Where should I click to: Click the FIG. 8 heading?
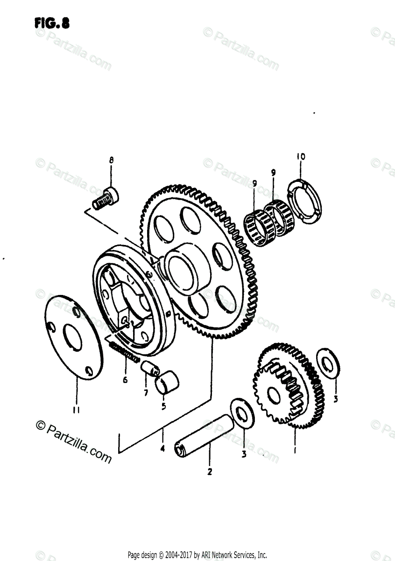coord(52,23)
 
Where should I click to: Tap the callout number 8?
coord(111,160)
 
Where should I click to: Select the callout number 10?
coord(300,157)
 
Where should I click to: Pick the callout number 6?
coord(125,380)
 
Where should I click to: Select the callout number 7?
coord(146,393)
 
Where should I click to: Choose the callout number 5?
coord(163,406)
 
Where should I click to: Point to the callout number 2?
coord(210,472)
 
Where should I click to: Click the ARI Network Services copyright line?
coord(197,555)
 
